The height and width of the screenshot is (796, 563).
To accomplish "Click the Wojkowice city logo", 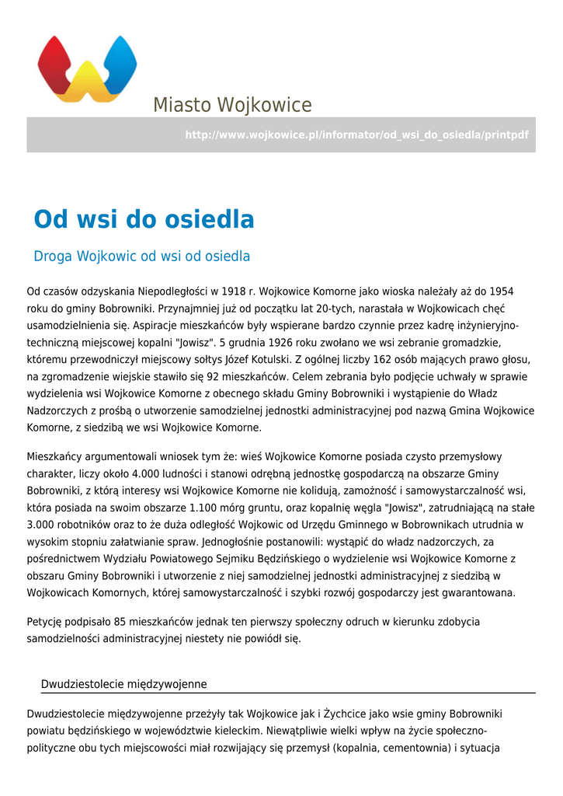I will [87, 68].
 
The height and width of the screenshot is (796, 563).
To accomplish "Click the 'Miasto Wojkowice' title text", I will [232, 105].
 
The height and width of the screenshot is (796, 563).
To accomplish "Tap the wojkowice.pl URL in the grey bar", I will [356, 135].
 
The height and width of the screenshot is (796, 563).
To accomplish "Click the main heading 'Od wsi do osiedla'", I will [144, 220].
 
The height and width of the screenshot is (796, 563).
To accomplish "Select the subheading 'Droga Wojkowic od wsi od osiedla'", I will [141, 257].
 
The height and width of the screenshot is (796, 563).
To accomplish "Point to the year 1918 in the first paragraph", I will [233, 292].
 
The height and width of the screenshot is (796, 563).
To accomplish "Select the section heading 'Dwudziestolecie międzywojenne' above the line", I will [123, 684].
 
